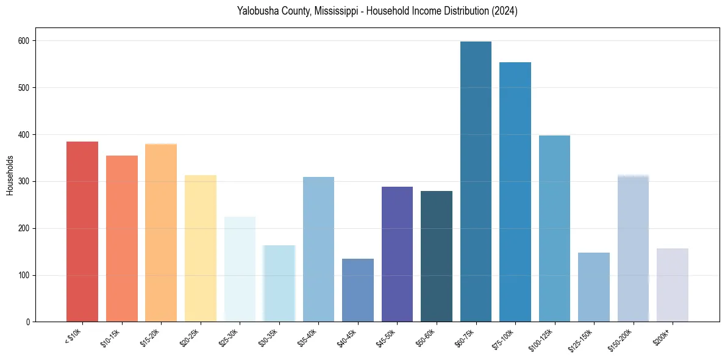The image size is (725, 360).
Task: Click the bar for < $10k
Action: coord(82,232)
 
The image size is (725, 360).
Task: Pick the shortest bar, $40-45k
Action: coord(358,290)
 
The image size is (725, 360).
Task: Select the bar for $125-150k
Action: coord(594,287)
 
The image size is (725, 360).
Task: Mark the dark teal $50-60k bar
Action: coord(437,256)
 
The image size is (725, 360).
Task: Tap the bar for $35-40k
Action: coord(318,250)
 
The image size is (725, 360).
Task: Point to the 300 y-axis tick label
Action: coord(27,182)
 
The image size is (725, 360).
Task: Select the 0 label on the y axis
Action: coord(30,322)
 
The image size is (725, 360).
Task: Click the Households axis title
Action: coord(10,175)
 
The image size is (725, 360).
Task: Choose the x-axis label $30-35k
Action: coord(269,337)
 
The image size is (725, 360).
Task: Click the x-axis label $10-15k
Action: coord(112,337)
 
